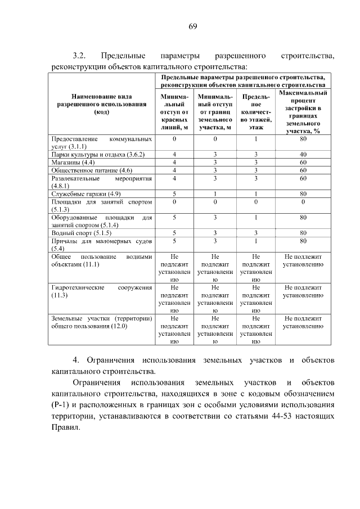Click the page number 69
coord(192,26)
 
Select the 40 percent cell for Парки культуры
coord(303,154)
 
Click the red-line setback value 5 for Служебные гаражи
coord(174,193)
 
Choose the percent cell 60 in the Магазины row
coord(303,162)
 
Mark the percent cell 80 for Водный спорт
coord(303,232)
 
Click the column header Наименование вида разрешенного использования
coord(101,104)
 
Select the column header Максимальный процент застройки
coord(303,112)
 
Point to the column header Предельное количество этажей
coord(255,112)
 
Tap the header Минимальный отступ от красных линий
coord(174,112)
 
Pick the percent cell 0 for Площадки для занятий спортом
coord(303,201)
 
